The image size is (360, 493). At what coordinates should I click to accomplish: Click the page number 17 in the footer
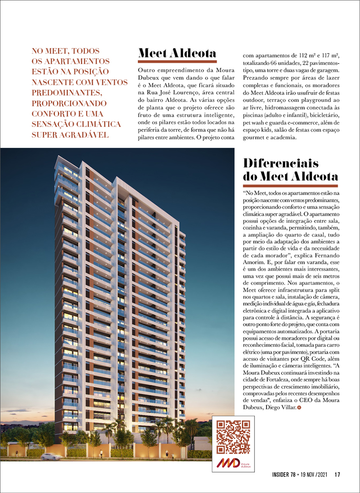(x=337, y=475)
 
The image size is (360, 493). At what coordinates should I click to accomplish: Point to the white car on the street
(x=51, y=456)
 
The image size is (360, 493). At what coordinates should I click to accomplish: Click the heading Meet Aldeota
(x=177, y=53)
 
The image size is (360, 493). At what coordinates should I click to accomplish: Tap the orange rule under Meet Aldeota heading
(x=177, y=62)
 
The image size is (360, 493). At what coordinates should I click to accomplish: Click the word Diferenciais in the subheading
(x=281, y=163)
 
